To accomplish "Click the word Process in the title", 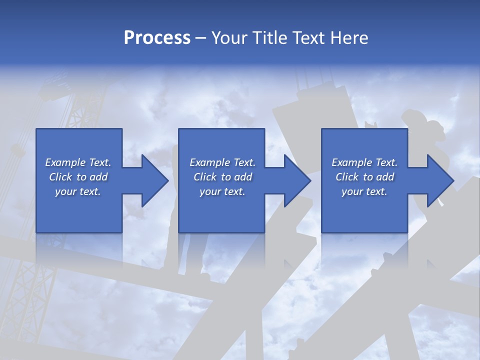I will pos(157,38).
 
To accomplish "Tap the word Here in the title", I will pos(349,38).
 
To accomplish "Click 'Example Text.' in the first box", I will pos(78,162).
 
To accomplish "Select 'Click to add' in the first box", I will pos(78,177).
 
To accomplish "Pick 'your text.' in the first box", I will pos(78,191).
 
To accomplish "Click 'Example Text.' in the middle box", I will pos(222,162).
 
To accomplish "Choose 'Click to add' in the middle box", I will pos(222,177).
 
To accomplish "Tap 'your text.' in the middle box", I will pos(222,191).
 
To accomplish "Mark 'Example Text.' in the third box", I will pos(364,162).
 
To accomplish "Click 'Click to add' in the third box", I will pos(364,177).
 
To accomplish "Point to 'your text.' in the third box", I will pos(364,191).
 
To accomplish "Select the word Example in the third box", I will pos(352,162).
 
